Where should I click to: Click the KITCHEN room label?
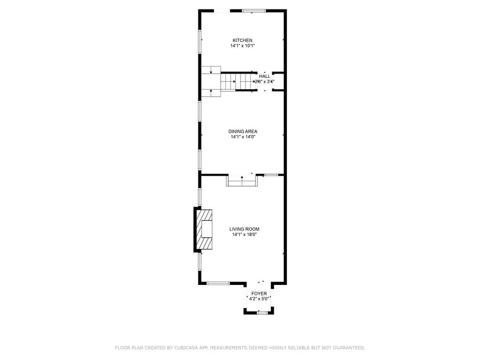(x=242, y=40)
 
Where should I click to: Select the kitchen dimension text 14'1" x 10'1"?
(x=242, y=46)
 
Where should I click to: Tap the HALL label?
(x=264, y=76)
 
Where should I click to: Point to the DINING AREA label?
(x=242, y=131)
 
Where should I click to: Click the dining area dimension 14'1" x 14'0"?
(x=242, y=137)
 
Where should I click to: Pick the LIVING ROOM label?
(x=244, y=229)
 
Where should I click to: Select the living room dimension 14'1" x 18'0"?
(x=244, y=235)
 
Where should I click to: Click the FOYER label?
(x=259, y=293)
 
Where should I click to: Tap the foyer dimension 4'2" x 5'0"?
(x=259, y=299)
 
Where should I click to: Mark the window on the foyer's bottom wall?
(x=262, y=312)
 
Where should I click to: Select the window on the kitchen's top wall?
(x=254, y=11)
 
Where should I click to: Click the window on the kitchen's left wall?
(x=200, y=42)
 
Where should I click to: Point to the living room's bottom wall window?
(x=218, y=283)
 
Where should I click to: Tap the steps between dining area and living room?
(x=242, y=181)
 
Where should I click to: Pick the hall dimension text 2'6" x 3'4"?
(x=264, y=82)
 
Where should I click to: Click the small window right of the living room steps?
(x=271, y=175)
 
